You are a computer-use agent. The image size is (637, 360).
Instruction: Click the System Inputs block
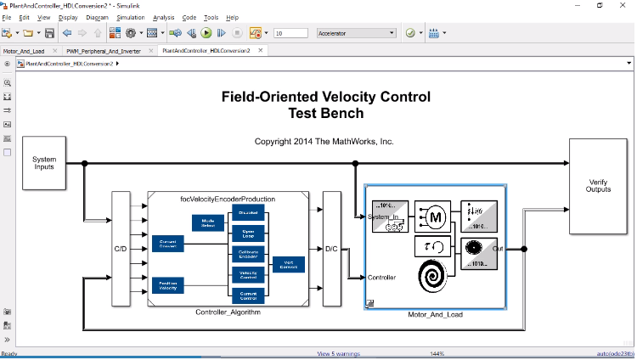43,162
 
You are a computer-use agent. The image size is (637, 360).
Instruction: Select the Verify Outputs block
598,186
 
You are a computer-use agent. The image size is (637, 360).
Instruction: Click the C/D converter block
121,249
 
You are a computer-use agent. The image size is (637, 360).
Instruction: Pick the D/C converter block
331,249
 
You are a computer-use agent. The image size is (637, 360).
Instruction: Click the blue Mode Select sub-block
207,222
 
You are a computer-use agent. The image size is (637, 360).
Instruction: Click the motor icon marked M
435,217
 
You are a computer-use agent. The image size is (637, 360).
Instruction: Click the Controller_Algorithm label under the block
228,312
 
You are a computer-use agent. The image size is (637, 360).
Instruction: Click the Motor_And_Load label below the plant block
435,315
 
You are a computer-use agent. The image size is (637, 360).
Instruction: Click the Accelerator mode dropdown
355,33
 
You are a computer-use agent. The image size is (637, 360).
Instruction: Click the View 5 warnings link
338,353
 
